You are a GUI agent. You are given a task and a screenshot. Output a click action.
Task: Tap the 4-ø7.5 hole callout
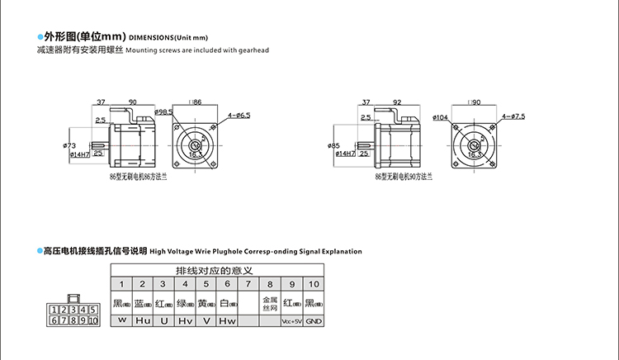[513, 116]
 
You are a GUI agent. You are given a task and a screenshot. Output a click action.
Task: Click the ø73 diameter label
[69, 146]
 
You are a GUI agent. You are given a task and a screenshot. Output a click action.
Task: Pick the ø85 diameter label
[334, 146]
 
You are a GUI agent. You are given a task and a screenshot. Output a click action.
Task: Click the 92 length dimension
[398, 102]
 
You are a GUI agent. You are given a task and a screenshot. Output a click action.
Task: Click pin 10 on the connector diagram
[92, 320]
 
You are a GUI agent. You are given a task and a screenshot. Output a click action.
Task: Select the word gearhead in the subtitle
[254, 50]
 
